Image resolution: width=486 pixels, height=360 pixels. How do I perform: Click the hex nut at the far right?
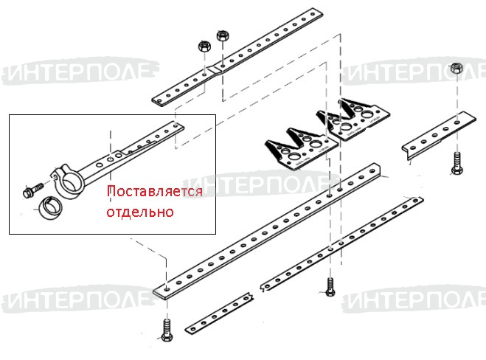[x=457, y=68]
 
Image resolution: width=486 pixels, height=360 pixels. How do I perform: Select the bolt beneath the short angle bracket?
[x=457, y=163]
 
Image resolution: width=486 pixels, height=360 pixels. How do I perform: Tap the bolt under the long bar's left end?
[x=167, y=330]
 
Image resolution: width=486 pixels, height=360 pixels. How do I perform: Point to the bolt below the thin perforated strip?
[x=330, y=288]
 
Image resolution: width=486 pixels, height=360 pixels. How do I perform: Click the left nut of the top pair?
[x=204, y=46]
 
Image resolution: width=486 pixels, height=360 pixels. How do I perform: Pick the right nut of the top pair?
[x=222, y=36]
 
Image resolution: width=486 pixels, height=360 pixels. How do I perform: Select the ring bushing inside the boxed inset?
[x=49, y=208]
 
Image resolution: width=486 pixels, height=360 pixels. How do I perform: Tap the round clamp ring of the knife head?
[x=69, y=181]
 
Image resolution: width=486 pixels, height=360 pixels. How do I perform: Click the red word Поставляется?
[x=154, y=191]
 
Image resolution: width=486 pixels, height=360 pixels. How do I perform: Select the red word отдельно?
[x=140, y=212]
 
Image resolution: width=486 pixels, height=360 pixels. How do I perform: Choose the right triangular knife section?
[x=353, y=120]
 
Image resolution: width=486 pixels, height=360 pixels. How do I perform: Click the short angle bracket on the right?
[x=438, y=134]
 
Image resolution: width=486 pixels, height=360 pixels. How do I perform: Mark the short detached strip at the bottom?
[x=220, y=313]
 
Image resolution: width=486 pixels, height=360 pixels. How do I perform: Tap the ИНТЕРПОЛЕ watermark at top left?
[x=80, y=71]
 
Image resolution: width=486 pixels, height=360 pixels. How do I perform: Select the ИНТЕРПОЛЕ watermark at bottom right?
[x=414, y=299]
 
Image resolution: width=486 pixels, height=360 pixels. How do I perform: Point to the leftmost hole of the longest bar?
[x=167, y=289]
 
